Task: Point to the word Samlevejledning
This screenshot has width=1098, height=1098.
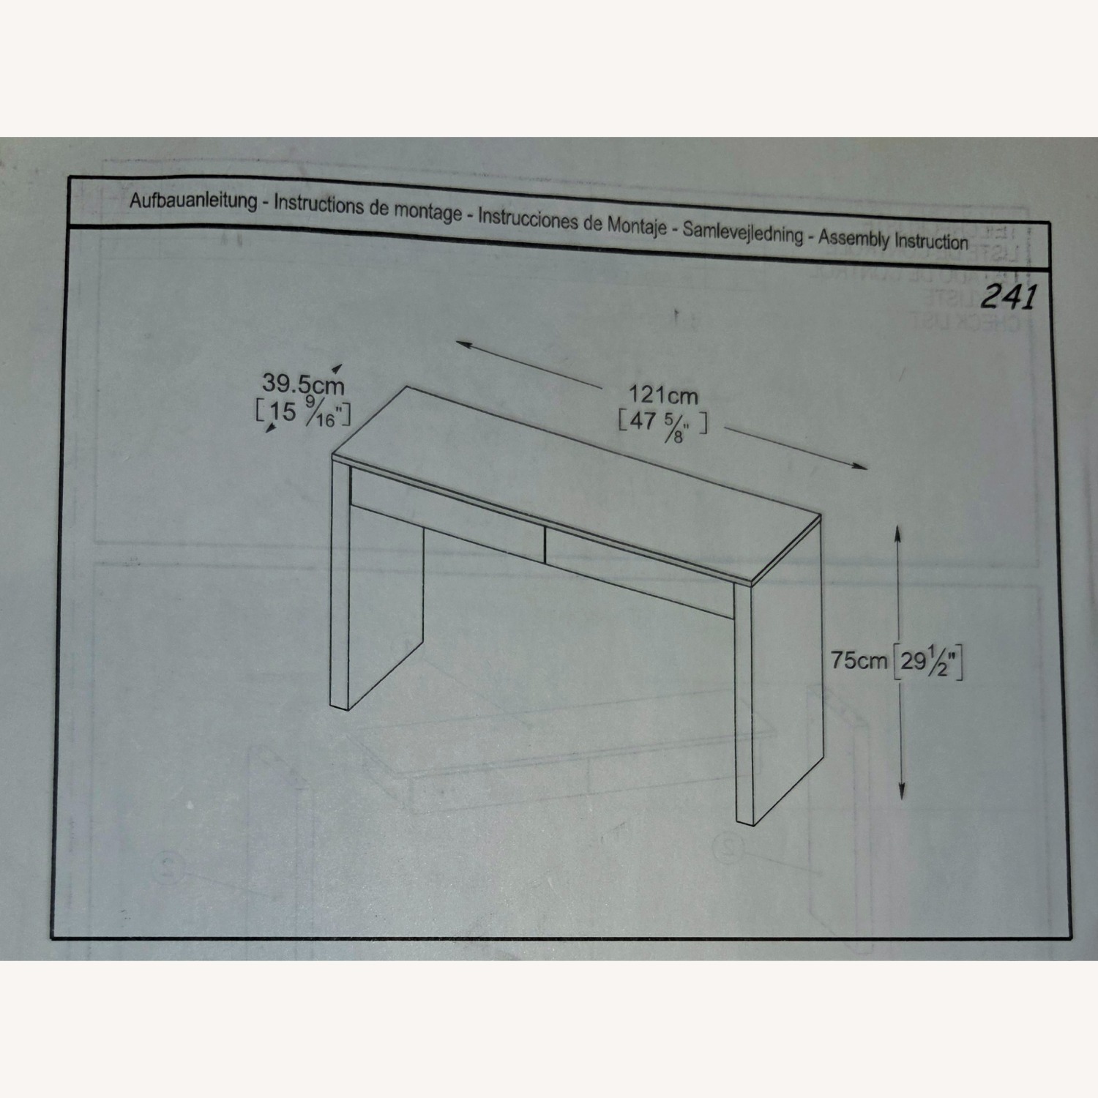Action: (x=743, y=232)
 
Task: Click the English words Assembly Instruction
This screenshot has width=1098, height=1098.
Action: (x=893, y=239)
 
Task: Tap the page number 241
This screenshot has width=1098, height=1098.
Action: (x=1009, y=296)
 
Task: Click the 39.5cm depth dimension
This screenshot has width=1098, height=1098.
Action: (x=303, y=384)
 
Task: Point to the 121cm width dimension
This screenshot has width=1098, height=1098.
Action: (x=663, y=395)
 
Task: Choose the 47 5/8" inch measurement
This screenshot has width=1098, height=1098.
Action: (x=662, y=425)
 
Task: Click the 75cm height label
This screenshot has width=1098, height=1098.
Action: (x=859, y=660)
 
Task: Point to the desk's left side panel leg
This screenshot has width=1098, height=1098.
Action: (x=340, y=586)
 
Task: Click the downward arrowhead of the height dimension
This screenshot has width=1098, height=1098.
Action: (x=902, y=793)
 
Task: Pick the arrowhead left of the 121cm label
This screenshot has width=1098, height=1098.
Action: (x=462, y=343)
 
